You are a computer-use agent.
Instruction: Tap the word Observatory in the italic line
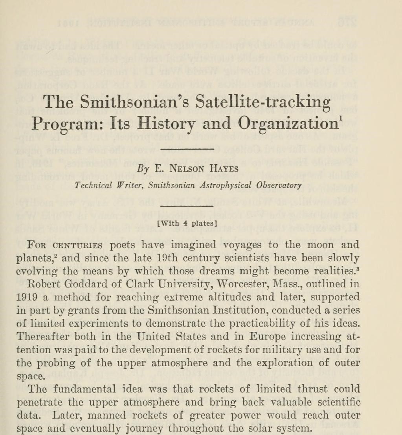coord(279,185)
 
